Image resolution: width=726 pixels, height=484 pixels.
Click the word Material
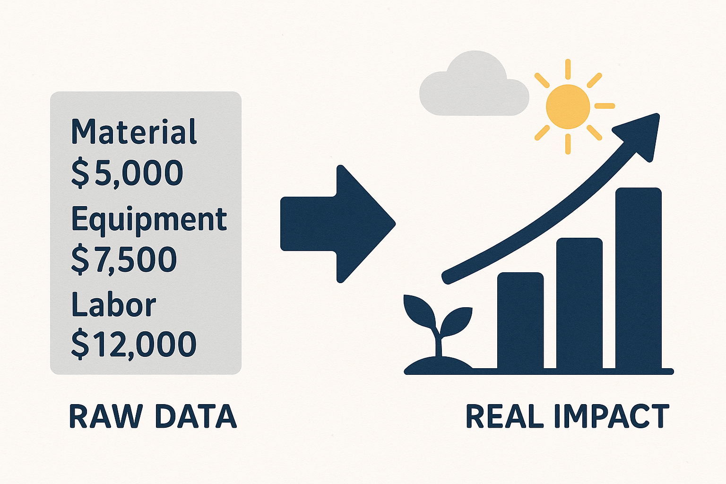pos(134,131)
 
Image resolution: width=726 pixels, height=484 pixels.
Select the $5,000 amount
pos(127,173)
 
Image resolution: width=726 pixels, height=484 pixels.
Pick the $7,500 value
pos(124,259)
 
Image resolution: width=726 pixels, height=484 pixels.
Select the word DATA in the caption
pos(196,416)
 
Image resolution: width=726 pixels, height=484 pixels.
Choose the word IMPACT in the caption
pos(612,416)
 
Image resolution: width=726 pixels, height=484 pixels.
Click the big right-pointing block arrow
pos(338,224)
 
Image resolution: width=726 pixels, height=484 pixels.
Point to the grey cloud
pos(474,84)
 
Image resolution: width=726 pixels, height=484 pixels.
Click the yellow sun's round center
pos(568,107)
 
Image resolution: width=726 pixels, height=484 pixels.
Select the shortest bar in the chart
pos(520,321)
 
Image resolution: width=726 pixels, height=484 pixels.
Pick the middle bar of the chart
pos(579,304)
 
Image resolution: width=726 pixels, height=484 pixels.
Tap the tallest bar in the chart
pos(639,279)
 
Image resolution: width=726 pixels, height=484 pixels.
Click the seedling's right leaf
pos(456,321)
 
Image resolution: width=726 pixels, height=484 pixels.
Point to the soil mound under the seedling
pos(438,365)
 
